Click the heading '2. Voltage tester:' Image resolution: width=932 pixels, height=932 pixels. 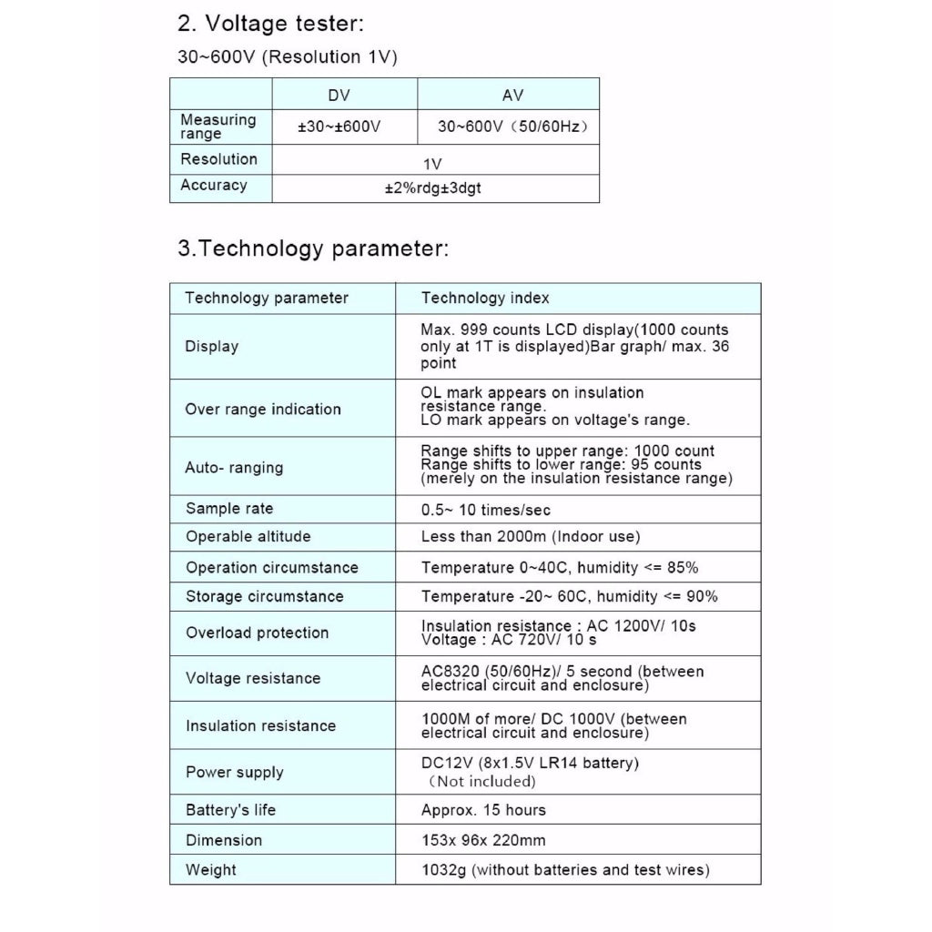[x=270, y=24]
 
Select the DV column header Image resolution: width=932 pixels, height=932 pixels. [x=339, y=96]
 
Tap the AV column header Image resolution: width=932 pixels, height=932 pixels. [x=512, y=96]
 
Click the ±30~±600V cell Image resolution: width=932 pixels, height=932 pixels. [x=339, y=127]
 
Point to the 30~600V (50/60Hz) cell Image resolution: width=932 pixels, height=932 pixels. [x=512, y=127]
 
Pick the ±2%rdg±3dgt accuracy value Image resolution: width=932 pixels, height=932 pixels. [x=432, y=188]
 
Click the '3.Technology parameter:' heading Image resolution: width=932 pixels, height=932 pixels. [x=313, y=248]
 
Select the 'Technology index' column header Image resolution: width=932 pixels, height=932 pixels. [x=485, y=298]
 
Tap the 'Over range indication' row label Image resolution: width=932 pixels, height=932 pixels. [x=263, y=410]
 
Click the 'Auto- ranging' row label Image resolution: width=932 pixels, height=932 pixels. [x=234, y=468]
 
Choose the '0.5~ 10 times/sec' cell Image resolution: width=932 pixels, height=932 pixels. [x=485, y=510]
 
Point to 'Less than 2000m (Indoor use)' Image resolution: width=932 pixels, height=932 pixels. [x=531, y=537]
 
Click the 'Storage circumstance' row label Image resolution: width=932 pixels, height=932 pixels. [x=265, y=597]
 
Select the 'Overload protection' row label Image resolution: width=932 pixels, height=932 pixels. [x=257, y=633]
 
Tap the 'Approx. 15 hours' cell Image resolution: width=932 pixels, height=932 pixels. [x=483, y=810]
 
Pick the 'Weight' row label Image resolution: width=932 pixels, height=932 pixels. [x=210, y=870]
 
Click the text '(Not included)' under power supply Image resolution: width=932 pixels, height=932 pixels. [x=481, y=781]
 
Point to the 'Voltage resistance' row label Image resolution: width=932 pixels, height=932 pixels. [x=253, y=678]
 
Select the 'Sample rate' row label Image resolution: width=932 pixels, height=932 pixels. [x=229, y=509]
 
